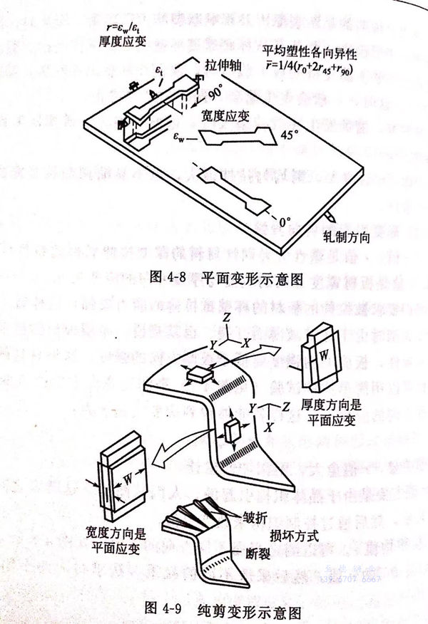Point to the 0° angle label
285,222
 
